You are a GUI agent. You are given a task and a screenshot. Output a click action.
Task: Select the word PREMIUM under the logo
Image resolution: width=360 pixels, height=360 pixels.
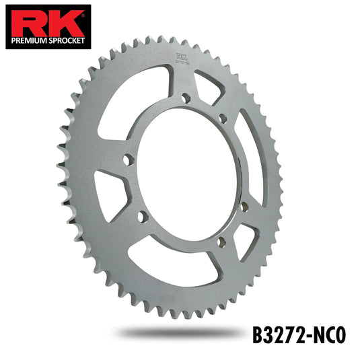click(x=30, y=41)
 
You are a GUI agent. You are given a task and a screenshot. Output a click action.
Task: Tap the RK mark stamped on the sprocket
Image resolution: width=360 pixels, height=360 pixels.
click(x=182, y=57)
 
